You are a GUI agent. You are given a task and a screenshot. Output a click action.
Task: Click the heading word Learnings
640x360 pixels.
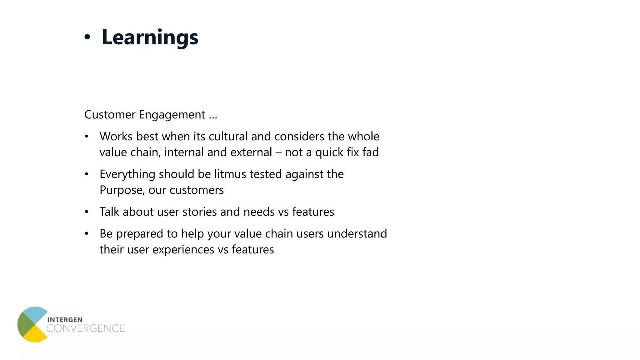[x=150, y=37]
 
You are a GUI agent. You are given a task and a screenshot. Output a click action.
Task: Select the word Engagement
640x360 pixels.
[x=172, y=115]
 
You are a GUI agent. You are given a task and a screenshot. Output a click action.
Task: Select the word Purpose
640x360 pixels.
[x=122, y=190]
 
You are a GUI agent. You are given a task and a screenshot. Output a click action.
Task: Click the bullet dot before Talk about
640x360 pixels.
[x=87, y=212]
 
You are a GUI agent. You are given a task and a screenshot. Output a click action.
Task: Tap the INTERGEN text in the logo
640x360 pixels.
[x=65, y=320]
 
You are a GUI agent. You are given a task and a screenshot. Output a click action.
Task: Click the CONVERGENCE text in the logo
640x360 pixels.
[x=85, y=328]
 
